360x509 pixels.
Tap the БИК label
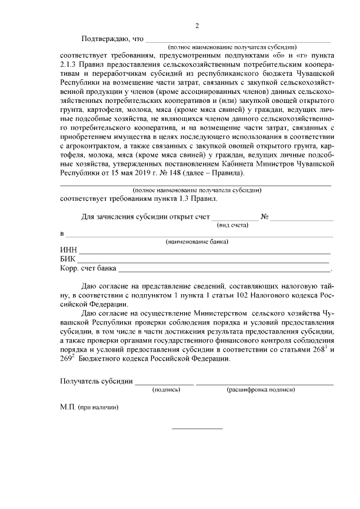click(68, 259)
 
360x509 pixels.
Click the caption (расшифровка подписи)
click(260, 389)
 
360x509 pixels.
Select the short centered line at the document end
click(197, 429)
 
